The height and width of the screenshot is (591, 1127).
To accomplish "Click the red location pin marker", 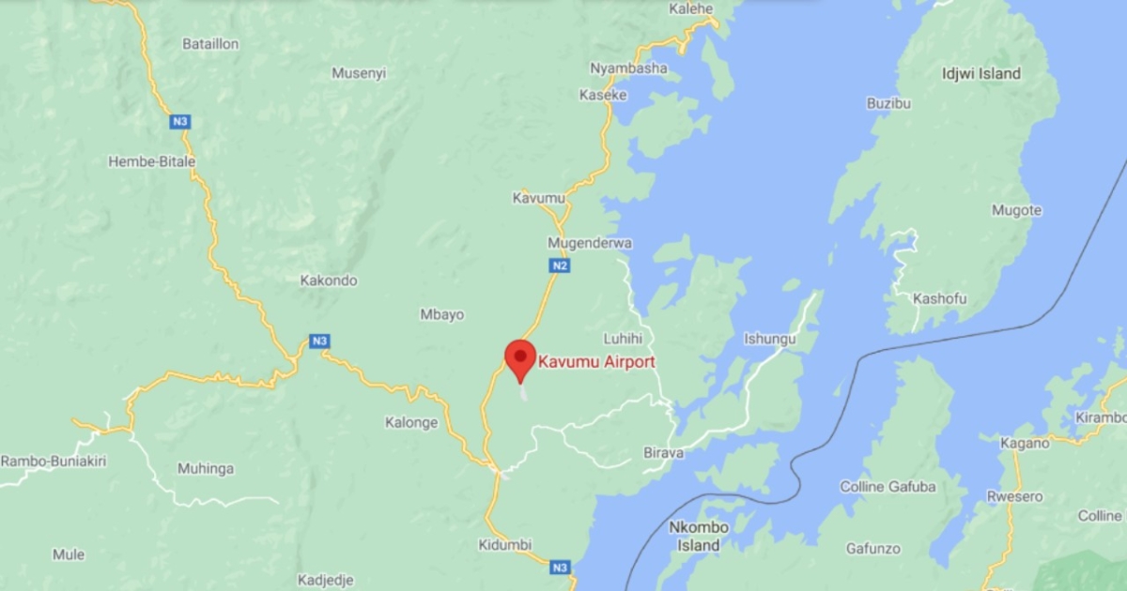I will [x=520, y=358].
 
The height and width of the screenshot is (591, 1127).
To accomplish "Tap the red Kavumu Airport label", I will [x=595, y=361].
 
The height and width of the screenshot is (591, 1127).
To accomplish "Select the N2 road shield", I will [x=560, y=265].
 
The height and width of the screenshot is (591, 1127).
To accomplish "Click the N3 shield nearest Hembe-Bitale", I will [x=180, y=121].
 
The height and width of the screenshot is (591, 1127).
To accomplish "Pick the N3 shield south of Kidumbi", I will [x=560, y=567].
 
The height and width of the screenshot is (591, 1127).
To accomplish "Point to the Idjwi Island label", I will [x=980, y=73].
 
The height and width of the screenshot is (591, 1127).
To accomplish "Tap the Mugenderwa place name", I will [x=590, y=243].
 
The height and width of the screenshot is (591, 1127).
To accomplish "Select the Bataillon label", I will [x=209, y=44].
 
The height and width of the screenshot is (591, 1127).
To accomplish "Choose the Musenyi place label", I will [x=359, y=73].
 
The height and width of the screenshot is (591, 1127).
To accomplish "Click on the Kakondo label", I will [x=329, y=280].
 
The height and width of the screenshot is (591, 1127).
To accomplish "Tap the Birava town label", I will [x=663, y=453].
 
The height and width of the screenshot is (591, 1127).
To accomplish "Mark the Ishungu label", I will [x=769, y=338].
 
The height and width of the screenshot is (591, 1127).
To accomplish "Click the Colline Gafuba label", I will [x=888, y=486].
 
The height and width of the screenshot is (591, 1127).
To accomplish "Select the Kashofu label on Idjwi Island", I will [x=940, y=298].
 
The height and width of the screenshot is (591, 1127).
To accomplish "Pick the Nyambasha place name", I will [x=628, y=68].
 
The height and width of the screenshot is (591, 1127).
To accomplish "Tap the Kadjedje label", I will [x=325, y=580].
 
